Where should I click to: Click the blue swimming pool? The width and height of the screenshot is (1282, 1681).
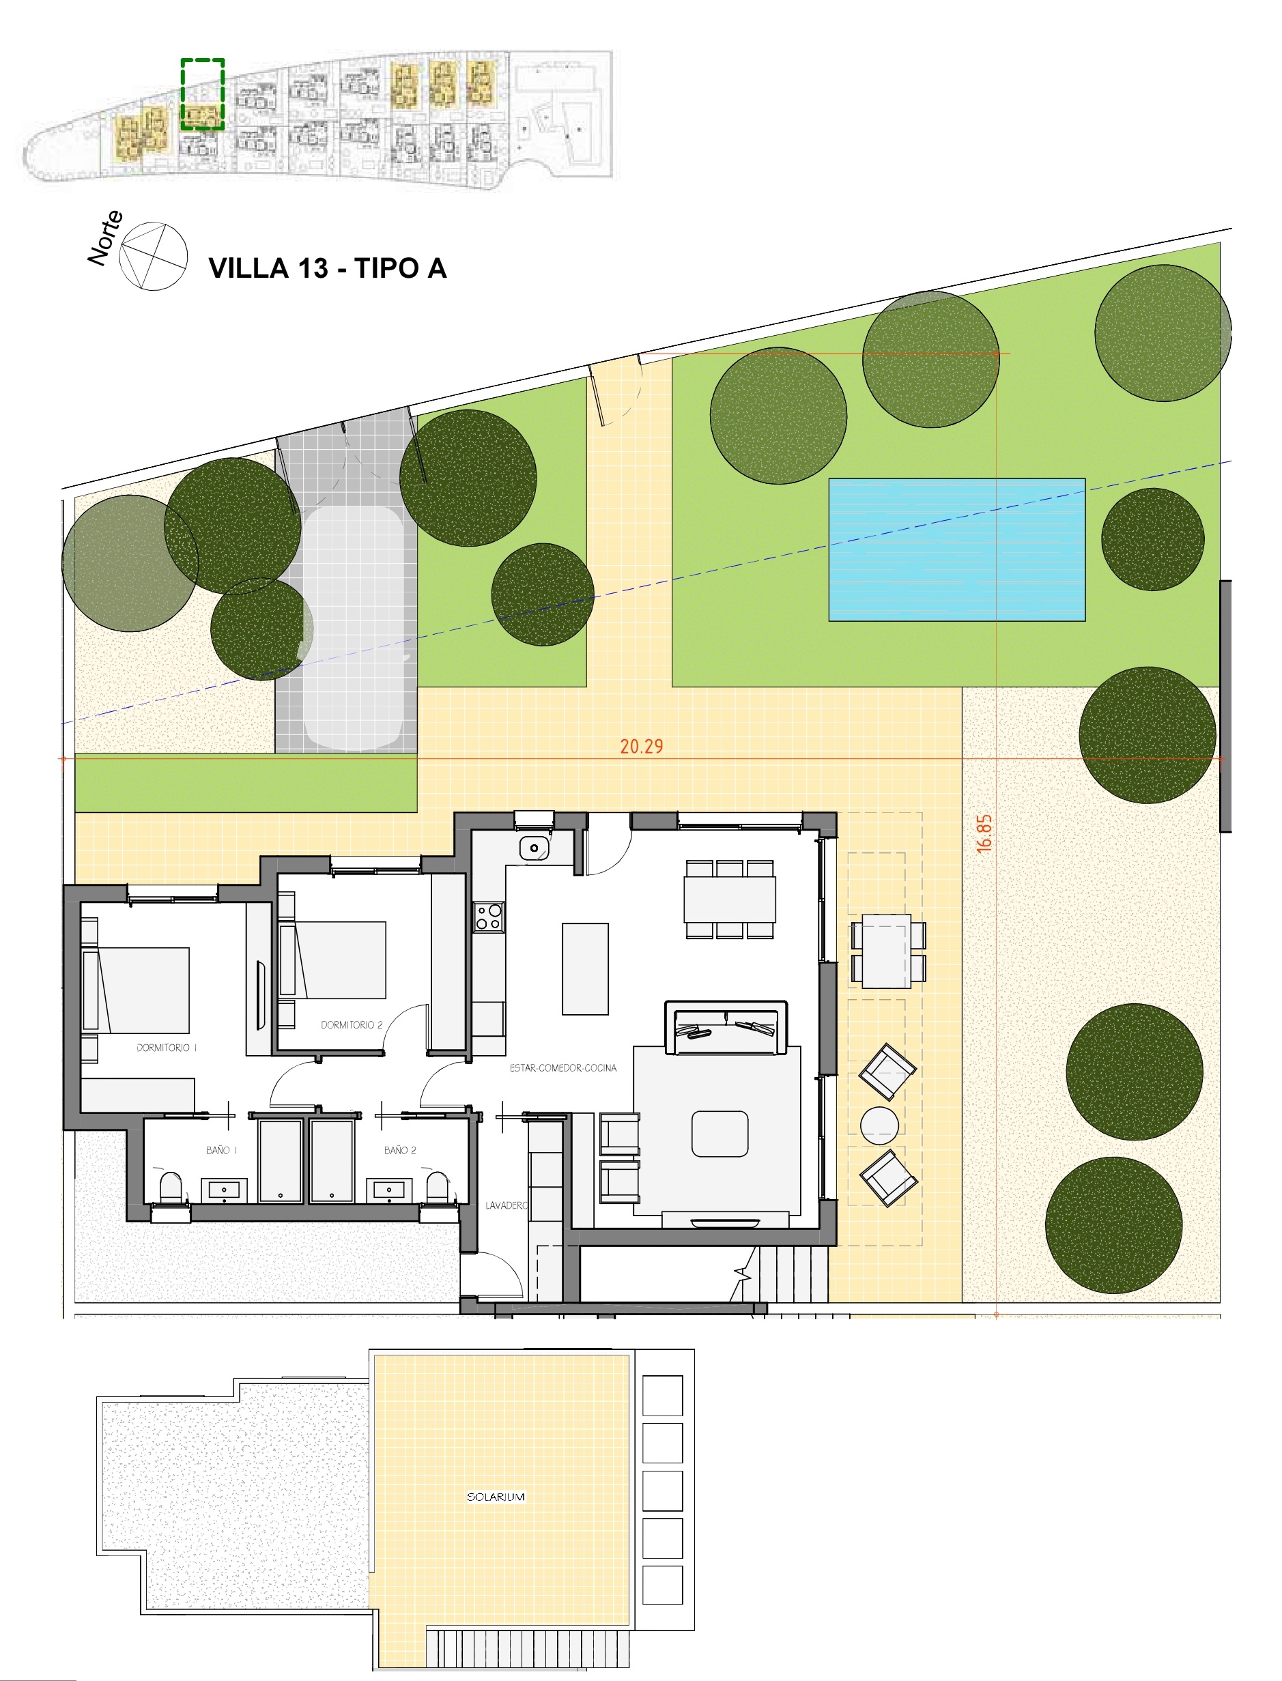point(956,549)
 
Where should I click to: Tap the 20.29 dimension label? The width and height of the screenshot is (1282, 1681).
point(641,746)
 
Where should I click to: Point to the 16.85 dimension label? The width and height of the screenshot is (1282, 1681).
point(984,833)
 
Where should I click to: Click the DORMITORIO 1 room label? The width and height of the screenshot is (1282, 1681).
point(167,1048)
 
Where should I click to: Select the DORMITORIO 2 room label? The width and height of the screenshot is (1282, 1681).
point(351,1025)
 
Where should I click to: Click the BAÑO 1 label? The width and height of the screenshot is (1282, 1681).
point(221,1150)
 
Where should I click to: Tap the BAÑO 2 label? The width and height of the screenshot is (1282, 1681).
point(400,1150)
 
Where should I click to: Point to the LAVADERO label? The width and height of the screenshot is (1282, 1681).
point(506,1205)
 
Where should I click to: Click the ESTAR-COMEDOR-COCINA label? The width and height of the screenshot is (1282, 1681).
point(563,1067)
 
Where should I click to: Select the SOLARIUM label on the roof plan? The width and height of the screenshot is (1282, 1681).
point(495,1496)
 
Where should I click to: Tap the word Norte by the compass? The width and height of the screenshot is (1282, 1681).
point(105,238)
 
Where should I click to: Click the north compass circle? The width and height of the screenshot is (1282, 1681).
point(154,257)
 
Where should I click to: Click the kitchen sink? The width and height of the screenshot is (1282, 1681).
point(534,848)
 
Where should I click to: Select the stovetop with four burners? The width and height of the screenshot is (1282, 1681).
point(488,917)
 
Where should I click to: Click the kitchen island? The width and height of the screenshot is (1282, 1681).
point(585,969)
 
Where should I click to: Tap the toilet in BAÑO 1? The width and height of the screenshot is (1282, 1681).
point(170,1188)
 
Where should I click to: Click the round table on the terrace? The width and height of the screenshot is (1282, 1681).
point(879,1125)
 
